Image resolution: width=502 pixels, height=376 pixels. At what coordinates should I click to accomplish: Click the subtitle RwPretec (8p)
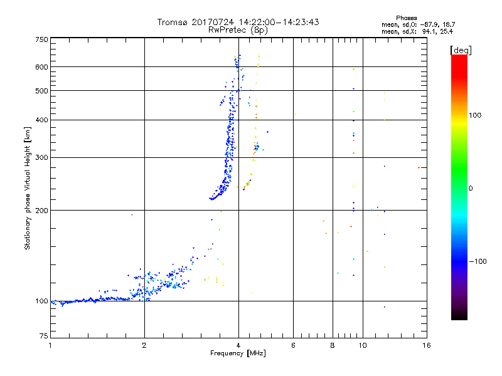pyautogui.click(x=238, y=29)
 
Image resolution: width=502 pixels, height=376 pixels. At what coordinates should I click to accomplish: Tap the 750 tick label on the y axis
pyautogui.click(x=41, y=39)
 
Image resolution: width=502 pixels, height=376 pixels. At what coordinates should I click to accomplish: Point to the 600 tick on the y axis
pyautogui.click(x=41, y=67)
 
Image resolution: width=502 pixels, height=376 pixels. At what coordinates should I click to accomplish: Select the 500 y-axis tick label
pyautogui.click(x=41, y=91)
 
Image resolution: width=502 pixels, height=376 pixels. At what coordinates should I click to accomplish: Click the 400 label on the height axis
pyautogui.click(x=41, y=120)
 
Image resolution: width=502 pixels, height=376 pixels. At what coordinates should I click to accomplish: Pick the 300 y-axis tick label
pyautogui.click(x=41, y=157)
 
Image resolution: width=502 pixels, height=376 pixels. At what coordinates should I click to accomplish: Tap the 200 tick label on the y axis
pyautogui.click(x=41, y=211)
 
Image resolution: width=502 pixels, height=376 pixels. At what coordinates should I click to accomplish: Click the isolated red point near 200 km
pyautogui.click(x=132, y=215)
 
